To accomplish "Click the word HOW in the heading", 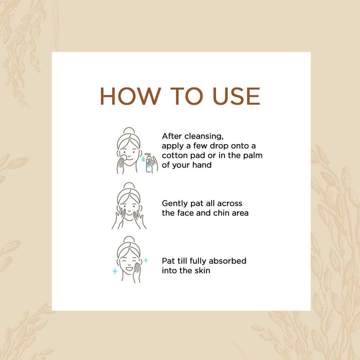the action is tap(130, 96).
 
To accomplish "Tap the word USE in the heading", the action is tap(236, 96).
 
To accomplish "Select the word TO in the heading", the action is tap(187, 96).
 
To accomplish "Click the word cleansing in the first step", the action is tap(204, 137).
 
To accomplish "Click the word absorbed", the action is tap(227, 261).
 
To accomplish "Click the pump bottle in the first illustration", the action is tap(148, 162).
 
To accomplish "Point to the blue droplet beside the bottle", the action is tap(143, 159).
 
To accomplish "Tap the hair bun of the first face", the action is tap(129, 130).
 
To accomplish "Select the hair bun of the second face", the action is tap(129, 186).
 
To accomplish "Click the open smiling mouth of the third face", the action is tap(129, 268).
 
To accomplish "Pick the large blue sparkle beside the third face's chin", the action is tap(115, 271).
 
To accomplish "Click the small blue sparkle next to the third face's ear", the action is tap(146, 261).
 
